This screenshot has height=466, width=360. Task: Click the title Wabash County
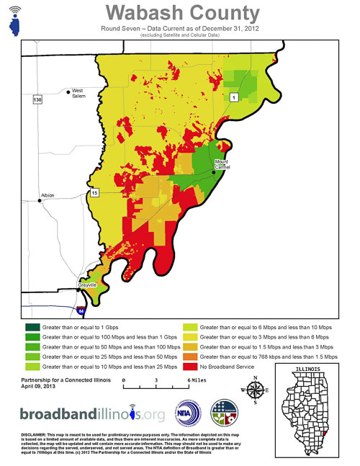coord(182,12)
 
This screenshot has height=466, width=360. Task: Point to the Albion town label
coord(48,195)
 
